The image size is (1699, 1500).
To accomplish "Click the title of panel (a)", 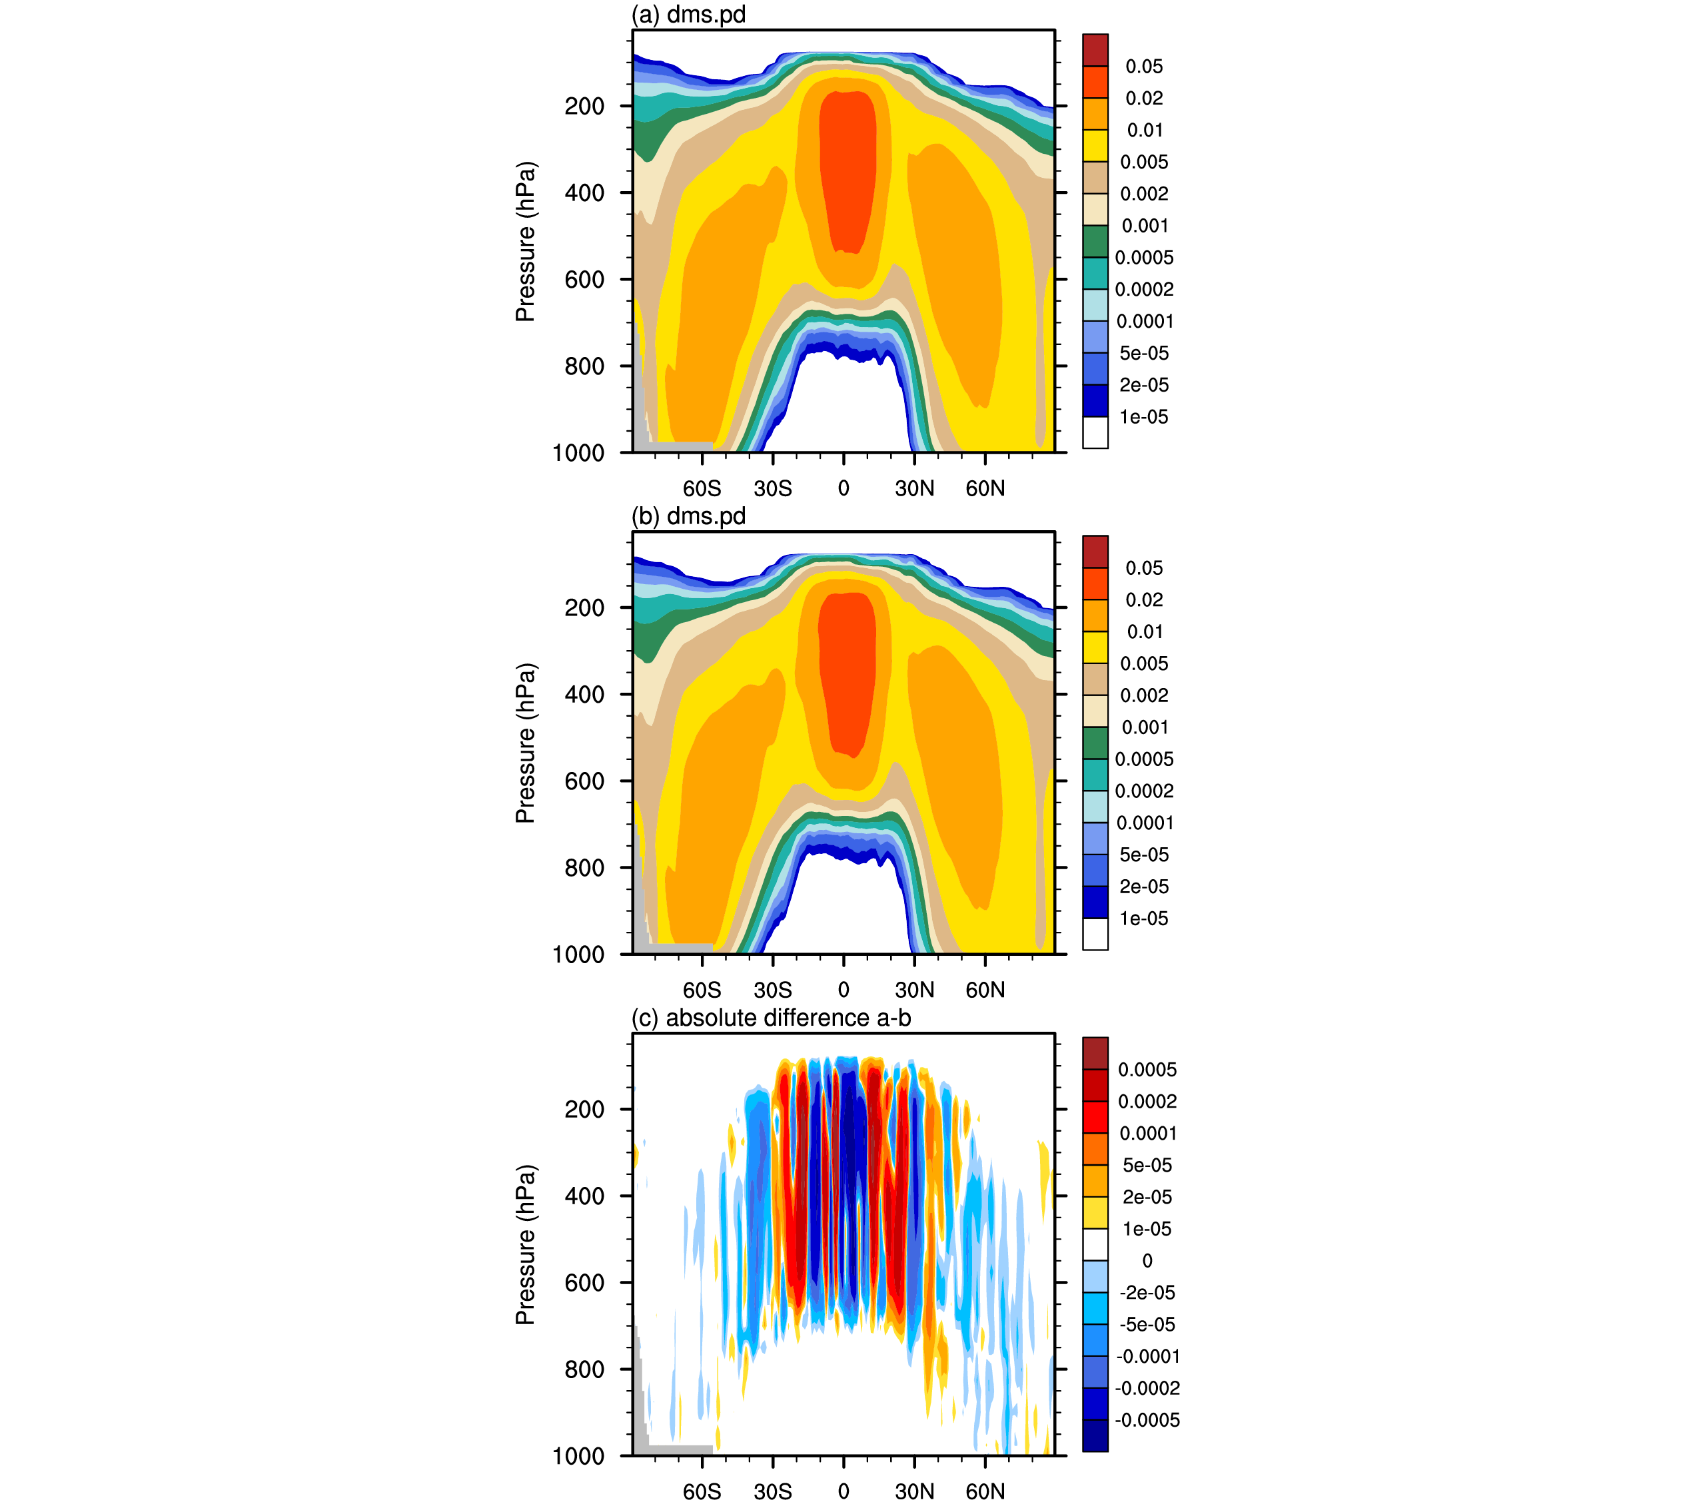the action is click(x=688, y=15).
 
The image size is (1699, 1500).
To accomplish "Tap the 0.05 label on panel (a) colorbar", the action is click(x=1144, y=67).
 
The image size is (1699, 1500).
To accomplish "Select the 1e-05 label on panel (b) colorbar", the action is click(x=1144, y=919).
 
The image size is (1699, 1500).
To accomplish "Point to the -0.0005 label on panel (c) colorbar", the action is click(x=1147, y=1420).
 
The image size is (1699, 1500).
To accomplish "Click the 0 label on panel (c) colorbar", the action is click(x=1147, y=1261).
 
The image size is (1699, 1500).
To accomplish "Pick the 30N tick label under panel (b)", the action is click(x=914, y=990).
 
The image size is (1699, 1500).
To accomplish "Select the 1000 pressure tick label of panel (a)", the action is click(x=578, y=453).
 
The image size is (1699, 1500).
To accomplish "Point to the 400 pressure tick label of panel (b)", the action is click(x=584, y=694).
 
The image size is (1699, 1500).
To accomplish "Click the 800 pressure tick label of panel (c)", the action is click(x=584, y=1369).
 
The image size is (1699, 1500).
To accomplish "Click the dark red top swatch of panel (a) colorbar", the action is click(x=1095, y=50).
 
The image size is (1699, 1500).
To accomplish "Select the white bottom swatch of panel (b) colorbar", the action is click(x=1095, y=933).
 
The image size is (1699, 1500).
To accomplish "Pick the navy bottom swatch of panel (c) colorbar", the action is click(x=1095, y=1435).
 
